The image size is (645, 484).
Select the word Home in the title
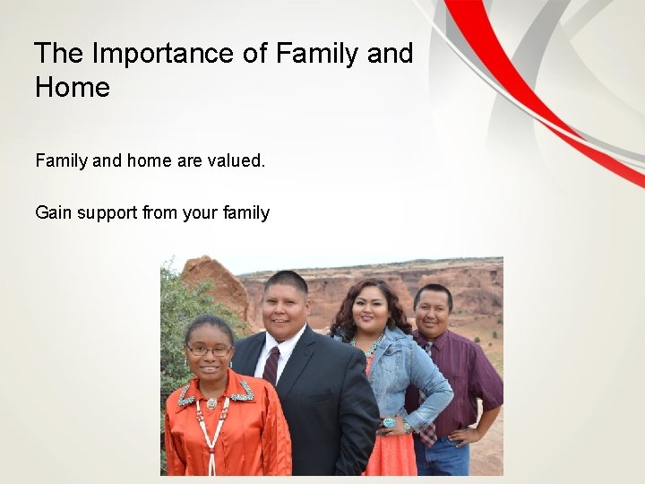pos(73,88)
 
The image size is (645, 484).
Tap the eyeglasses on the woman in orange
pos(209,350)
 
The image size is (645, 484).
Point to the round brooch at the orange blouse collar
pos(212,403)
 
